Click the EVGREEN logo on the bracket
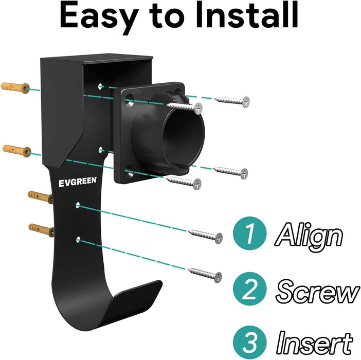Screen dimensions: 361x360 78,182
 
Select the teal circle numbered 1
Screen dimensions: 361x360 249,233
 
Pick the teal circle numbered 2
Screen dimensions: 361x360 249,289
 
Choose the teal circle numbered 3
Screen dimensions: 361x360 249,342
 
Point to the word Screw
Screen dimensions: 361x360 317,291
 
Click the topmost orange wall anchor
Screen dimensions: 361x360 15,87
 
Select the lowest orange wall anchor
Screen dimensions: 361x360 42,230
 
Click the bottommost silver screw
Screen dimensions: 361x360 205,275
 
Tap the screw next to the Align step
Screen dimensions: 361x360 205,236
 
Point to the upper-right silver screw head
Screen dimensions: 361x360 246,101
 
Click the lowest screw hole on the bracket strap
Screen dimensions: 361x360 78,239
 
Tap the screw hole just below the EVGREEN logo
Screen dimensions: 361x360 78,205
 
